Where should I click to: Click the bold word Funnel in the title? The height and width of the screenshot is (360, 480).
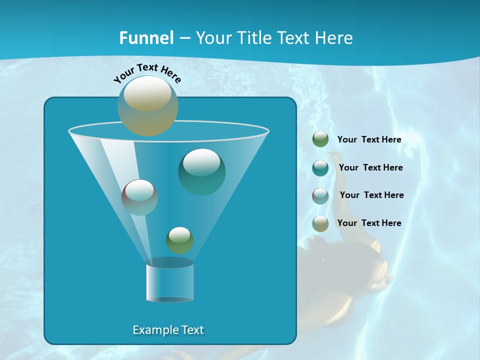(x=146, y=38)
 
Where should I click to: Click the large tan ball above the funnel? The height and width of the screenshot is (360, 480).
(x=147, y=105)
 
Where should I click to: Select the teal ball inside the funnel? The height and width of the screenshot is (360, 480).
(x=201, y=171)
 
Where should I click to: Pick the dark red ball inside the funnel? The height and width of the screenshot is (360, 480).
(x=139, y=197)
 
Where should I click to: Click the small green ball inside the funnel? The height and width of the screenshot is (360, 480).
(x=179, y=240)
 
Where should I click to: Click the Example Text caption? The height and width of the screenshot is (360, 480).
(x=168, y=330)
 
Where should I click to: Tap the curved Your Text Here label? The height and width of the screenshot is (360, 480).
(x=147, y=73)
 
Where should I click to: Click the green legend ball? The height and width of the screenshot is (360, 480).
(x=320, y=139)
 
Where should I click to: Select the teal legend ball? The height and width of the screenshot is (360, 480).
(x=320, y=168)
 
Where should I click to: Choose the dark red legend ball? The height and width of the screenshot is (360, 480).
(x=320, y=195)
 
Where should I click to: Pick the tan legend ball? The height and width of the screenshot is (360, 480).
(x=320, y=223)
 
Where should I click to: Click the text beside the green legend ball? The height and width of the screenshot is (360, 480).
(x=369, y=140)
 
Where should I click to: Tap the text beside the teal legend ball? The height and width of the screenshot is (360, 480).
(x=370, y=168)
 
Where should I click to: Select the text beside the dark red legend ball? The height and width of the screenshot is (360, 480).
(x=371, y=195)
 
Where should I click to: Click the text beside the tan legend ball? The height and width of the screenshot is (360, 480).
(x=369, y=223)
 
